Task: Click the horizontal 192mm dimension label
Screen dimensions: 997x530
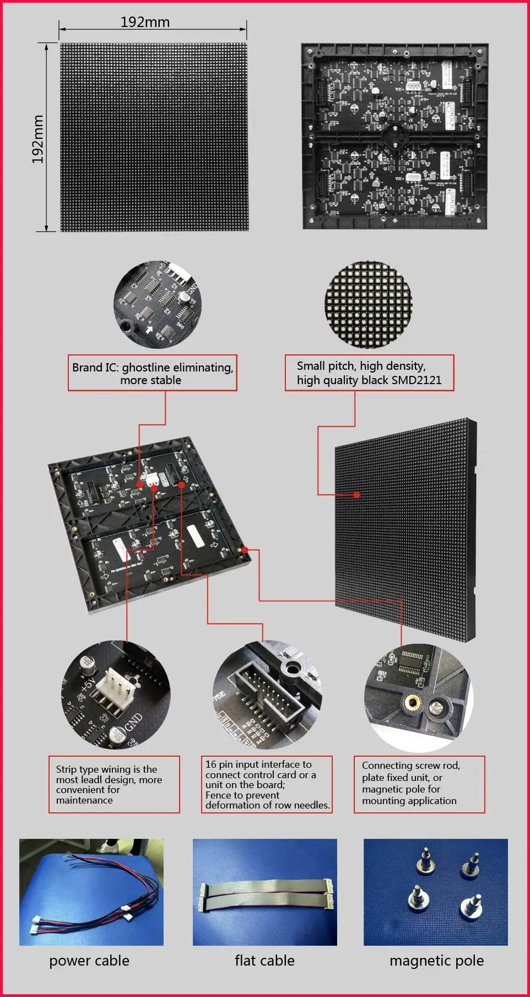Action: pyautogui.click(x=145, y=22)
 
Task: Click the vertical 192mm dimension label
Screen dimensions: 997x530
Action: pyautogui.click(x=37, y=139)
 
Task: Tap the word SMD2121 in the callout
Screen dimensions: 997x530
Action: pyautogui.click(x=416, y=380)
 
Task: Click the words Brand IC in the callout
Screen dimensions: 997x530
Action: pyautogui.click(x=94, y=368)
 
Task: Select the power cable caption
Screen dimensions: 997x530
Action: pyautogui.click(x=89, y=961)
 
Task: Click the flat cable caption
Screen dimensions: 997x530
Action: pyautogui.click(x=264, y=961)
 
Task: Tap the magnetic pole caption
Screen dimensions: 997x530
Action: pyautogui.click(x=436, y=961)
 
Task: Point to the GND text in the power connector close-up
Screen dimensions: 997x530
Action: pyautogui.click(x=134, y=721)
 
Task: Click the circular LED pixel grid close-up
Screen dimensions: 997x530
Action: pyautogui.click(x=367, y=304)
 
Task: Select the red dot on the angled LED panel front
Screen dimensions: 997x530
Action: pyautogui.click(x=357, y=495)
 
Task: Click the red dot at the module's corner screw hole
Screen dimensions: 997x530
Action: pyautogui.click(x=245, y=549)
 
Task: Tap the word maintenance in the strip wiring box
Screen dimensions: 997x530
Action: pyautogui.click(x=84, y=800)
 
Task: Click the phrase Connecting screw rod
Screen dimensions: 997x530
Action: pyautogui.click(x=410, y=766)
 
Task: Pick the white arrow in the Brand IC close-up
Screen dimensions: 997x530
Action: pyautogui.click(x=149, y=330)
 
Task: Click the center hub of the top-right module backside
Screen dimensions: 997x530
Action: pyautogui.click(x=394, y=134)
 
